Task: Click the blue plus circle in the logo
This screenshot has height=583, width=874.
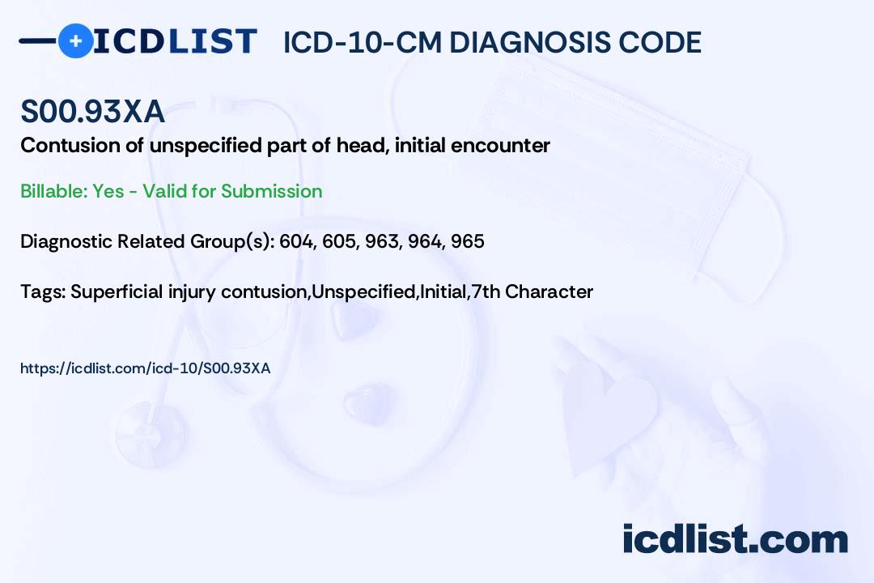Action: pyautogui.click(x=75, y=40)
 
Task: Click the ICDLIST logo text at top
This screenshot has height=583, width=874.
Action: pyautogui.click(x=175, y=41)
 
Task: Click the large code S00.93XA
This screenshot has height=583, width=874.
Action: pyautogui.click(x=92, y=111)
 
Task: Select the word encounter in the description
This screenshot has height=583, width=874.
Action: pyautogui.click(x=500, y=146)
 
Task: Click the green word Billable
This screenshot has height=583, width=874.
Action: pyautogui.click(x=53, y=191)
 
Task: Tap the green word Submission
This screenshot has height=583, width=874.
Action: pyautogui.click(x=271, y=191)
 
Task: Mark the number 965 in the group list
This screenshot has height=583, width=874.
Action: pyautogui.click(x=468, y=241)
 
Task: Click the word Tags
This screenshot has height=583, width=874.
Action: pyautogui.click(x=43, y=291)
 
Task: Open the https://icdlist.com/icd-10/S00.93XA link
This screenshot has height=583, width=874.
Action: pyautogui.click(x=146, y=368)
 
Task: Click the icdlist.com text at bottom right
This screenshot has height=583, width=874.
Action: pyautogui.click(x=735, y=538)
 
